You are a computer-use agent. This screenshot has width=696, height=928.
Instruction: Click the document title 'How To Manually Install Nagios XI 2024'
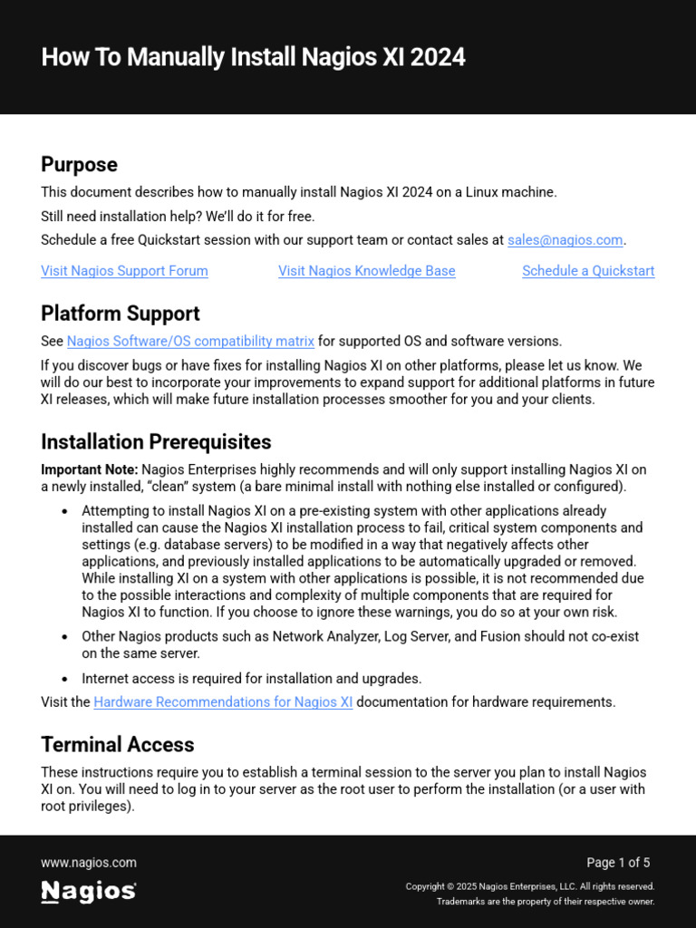(x=253, y=57)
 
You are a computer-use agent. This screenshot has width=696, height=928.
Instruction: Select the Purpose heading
(x=79, y=164)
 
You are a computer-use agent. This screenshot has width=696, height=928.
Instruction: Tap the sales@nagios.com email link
(x=565, y=240)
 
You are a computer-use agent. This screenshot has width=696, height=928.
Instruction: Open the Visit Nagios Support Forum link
(x=124, y=271)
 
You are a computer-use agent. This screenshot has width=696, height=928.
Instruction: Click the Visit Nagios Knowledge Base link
(x=366, y=271)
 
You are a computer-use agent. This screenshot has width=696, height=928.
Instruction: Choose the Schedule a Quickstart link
(x=587, y=271)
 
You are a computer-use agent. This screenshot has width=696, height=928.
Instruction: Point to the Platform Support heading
(x=120, y=314)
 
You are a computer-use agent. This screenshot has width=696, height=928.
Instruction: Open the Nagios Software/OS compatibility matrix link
(x=190, y=342)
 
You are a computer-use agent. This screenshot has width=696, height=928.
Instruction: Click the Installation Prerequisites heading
(x=156, y=442)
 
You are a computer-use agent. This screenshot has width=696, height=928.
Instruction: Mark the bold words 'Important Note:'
(x=89, y=469)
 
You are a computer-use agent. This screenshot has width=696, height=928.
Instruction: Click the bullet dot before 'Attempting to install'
(x=64, y=511)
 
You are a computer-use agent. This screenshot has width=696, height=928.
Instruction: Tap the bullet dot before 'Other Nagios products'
(x=64, y=637)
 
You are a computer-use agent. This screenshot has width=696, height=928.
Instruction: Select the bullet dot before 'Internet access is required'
(x=64, y=679)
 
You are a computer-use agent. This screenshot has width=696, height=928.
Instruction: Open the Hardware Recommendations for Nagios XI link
(x=223, y=702)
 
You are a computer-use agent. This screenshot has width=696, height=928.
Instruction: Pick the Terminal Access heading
(x=117, y=745)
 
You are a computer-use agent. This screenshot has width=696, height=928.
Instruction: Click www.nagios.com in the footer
(x=89, y=863)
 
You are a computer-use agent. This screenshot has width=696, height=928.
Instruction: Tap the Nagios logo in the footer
(x=89, y=892)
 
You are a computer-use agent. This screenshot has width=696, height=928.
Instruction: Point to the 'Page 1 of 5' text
(x=618, y=863)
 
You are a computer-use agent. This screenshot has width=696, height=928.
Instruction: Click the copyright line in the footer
(x=529, y=886)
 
